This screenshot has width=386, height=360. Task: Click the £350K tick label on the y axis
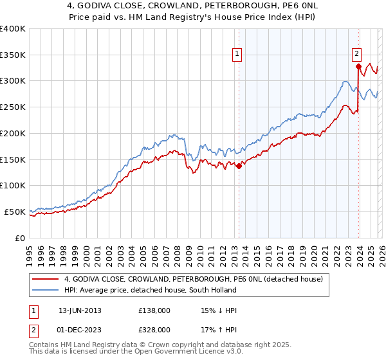(13, 55)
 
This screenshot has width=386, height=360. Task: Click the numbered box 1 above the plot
(238, 54)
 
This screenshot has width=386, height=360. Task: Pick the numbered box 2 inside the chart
(356, 54)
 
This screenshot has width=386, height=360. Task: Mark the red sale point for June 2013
(239, 166)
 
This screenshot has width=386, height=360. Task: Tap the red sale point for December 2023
(358, 66)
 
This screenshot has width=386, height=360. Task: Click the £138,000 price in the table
(154, 310)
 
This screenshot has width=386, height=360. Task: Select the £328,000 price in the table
(154, 330)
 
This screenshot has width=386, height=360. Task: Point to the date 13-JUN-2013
(80, 310)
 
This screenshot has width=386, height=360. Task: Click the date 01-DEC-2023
(80, 330)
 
